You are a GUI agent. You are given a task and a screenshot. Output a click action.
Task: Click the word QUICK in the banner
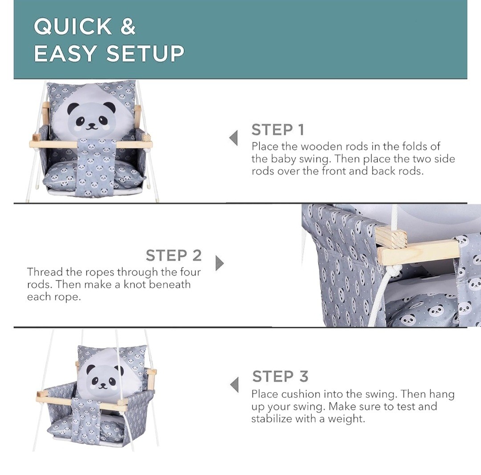pyautogui.click(x=73, y=26)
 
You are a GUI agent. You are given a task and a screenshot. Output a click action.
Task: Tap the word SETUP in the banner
pyautogui.click(x=145, y=53)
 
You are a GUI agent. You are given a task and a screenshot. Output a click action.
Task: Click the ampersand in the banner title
pyautogui.click(x=128, y=26)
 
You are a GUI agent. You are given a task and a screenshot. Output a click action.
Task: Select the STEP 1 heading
pyautogui.click(x=277, y=130)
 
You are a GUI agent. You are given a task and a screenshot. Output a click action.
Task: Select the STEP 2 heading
pyautogui.click(x=174, y=256)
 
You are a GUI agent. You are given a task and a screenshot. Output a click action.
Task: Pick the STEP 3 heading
pyautogui.click(x=280, y=376)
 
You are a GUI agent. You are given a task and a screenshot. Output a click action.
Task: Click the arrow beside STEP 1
pyautogui.click(x=234, y=138)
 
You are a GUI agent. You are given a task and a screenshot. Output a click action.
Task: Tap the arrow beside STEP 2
pyautogui.click(x=220, y=263)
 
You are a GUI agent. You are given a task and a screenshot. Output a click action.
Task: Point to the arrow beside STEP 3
pyautogui.click(x=235, y=385)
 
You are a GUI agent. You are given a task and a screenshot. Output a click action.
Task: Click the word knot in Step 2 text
pyautogui.click(x=135, y=284)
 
